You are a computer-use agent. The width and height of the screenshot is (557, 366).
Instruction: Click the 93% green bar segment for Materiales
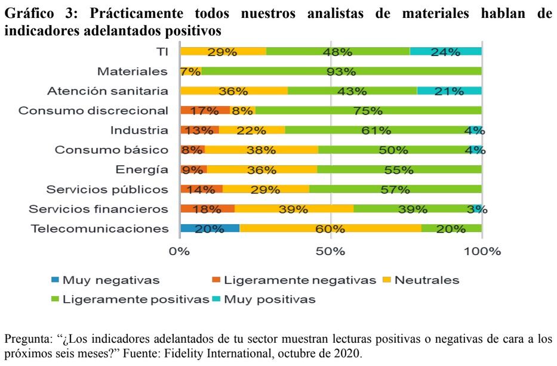coord(341,72)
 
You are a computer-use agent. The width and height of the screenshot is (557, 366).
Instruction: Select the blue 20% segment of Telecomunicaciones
coord(210,228)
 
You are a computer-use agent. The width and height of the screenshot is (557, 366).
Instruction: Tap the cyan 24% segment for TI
coord(445,52)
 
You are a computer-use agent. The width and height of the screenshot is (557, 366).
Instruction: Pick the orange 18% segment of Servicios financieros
coord(207,209)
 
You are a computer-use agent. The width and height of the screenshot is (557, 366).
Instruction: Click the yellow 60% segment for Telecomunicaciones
coord(330,228)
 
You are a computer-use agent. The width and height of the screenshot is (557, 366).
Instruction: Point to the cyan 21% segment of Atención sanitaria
coord(449,91)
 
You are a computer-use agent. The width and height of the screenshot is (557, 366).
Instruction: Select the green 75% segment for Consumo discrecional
coord(368,111)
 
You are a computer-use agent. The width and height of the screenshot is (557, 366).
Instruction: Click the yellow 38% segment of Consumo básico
coord(261,150)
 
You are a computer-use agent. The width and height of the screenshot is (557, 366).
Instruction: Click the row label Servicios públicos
coord(107,190)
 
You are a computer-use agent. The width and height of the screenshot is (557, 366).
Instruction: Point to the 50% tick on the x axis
coord(331,251)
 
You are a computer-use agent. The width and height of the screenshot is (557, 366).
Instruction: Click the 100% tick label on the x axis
coord(481,251)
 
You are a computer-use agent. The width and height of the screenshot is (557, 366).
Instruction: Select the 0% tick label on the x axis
coord(180,251)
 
